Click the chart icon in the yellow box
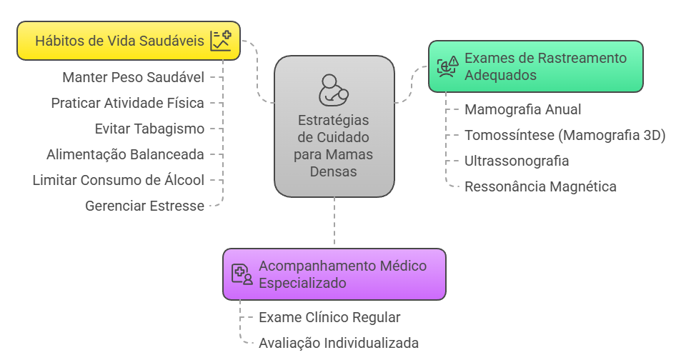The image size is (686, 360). [220, 41]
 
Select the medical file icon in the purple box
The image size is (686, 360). [242, 274]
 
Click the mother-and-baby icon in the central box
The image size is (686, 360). [334, 89]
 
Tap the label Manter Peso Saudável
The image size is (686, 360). [133, 77]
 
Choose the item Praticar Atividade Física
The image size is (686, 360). [127, 103]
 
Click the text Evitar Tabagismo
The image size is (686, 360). [149, 129]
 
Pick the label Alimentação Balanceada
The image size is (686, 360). [125, 154]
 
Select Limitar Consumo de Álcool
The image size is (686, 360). [118, 180]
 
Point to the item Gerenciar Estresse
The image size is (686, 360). [144, 206]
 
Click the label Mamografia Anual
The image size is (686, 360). [522, 109]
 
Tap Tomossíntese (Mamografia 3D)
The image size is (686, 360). [565, 135]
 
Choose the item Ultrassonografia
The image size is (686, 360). [517, 161]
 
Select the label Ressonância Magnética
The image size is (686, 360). [540, 186]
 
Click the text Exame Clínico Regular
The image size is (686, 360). [329, 317]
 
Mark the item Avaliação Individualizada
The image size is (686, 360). [339, 343]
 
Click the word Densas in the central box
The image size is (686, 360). [334, 171]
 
